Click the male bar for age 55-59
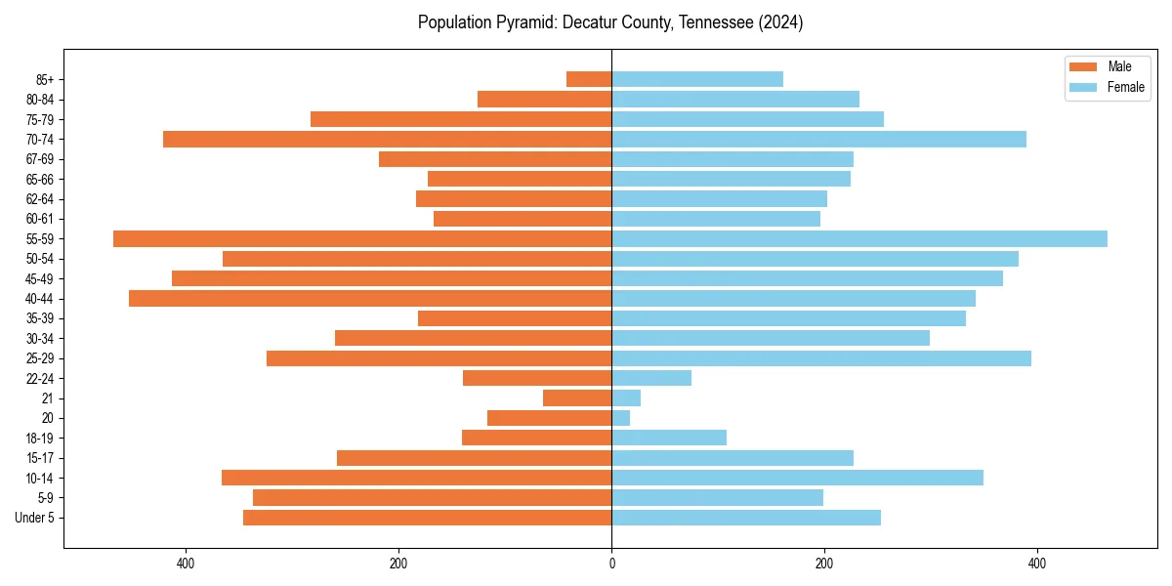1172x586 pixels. click(x=362, y=238)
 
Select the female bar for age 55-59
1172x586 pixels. click(x=859, y=238)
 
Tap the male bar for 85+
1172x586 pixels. click(x=589, y=79)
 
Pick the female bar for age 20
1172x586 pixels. click(x=621, y=418)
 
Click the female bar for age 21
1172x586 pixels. click(x=626, y=398)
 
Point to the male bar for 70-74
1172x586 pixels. click(x=387, y=139)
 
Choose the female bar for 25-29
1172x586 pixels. click(x=821, y=358)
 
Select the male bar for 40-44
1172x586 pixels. click(x=370, y=298)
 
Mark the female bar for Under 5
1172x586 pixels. click(x=746, y=518)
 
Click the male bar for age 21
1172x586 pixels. click(x=577, y=398)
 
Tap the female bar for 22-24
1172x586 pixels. click(x=651, y=378)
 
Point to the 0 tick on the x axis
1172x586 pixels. click(x=611, y=564)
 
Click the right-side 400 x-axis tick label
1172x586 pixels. click(x=1037, y=564)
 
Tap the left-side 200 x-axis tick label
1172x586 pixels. click(x=398, y=564)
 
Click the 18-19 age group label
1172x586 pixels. click(x=39, y=439)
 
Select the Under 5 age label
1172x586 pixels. click(x=34, y=518)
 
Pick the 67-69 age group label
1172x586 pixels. click(x=39, y=159)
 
